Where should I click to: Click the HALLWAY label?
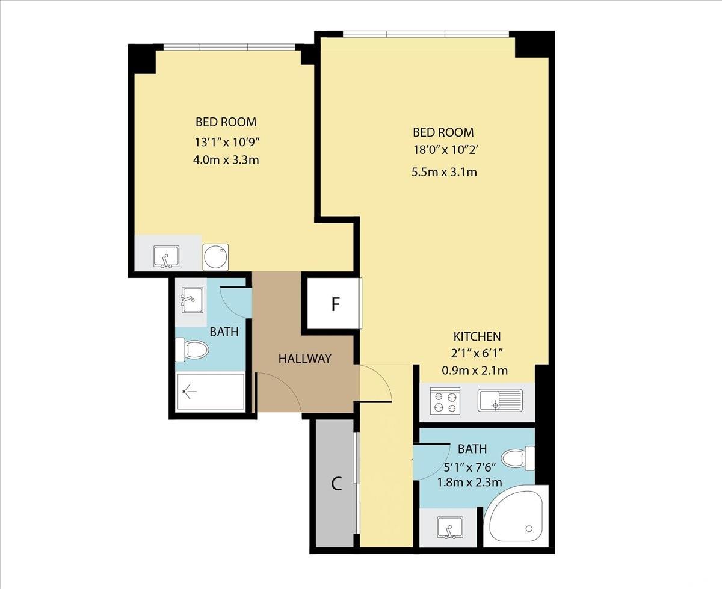304,359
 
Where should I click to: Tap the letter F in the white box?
336,304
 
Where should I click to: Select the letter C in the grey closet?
336,484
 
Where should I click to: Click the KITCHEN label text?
477,336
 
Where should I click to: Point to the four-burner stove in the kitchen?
445,401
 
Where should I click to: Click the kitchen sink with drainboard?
501,400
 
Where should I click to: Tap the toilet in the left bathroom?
192,350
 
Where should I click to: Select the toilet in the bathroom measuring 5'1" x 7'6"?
518,458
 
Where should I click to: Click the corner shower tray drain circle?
529,529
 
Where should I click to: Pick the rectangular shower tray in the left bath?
211,392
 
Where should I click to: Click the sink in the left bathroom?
192,300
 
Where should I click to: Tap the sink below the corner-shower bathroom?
450,528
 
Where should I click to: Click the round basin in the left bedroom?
215,257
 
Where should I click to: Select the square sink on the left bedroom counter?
166,256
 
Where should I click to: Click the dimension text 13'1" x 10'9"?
226,142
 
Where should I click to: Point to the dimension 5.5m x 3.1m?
444,172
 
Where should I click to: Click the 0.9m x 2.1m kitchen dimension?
475,371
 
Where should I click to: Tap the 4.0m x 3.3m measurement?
226,160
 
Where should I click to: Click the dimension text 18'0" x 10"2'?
445,150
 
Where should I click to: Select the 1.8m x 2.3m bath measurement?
469,483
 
